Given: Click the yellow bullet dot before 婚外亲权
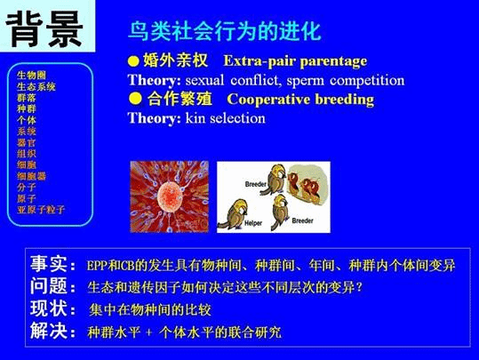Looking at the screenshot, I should coord(133,63).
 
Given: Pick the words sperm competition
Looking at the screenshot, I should coord(349,81).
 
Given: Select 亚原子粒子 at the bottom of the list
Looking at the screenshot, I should coord(41,210).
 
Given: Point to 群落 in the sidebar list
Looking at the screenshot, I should coord(27,98).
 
